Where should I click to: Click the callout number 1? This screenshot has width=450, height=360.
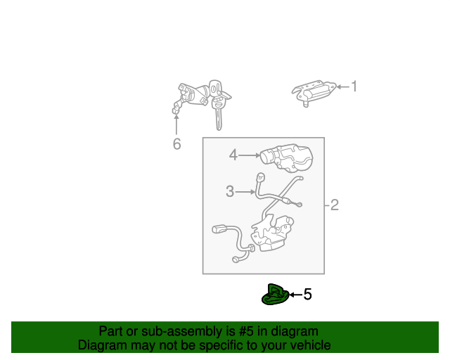pos(354,86)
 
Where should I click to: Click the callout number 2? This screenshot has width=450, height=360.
pos(335,205)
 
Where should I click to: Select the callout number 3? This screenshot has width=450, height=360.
pos(230,191)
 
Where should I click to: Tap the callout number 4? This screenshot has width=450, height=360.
pos(233,155)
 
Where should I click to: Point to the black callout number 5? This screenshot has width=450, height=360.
pos(307,295)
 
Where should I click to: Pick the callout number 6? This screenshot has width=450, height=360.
pos(176,144)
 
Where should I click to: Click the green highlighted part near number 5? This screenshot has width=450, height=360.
pos(275,295)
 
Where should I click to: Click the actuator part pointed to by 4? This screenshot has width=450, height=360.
pos(288,157)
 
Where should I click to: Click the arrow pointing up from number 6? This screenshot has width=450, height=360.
pos(176,124)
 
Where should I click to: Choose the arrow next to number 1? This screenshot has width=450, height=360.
pos(342,87)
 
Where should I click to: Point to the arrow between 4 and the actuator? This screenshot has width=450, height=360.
pos(250,155)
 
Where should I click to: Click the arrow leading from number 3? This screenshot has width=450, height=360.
pos(247,191)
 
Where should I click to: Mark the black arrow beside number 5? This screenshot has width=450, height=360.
pos(295,295)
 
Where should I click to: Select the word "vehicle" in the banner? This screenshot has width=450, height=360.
pos(309,345)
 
